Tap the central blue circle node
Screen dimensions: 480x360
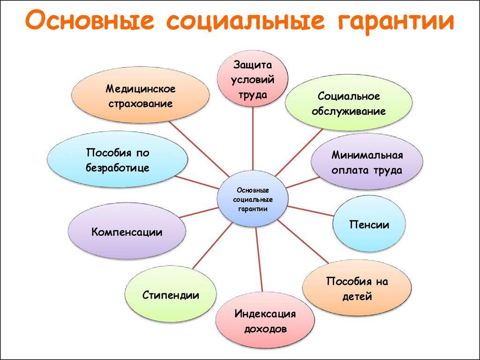[x=253, y=199]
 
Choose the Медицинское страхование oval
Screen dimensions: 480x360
[x=141, y=95]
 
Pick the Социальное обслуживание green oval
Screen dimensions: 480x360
[x=349, y=103]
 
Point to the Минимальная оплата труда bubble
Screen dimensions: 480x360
[x=367, y=162]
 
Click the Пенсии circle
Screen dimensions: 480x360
[x=369, y=224]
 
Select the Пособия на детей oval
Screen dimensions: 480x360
[x=357, y=288]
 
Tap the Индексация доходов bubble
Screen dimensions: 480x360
[x=265, y=321]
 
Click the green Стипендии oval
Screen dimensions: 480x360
[x=171, y=294]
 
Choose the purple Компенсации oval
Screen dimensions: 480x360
[x=127, y=231]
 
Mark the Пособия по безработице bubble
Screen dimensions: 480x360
[x=118, y=159]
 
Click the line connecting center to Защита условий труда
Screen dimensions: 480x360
[x=253, y=138]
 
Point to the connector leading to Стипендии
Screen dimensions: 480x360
[x=212, y=246]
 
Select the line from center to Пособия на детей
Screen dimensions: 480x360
[x=303, y=241]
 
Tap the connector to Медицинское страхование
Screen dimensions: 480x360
[x=199, y=150]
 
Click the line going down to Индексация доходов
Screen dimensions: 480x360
[x=259, y=259]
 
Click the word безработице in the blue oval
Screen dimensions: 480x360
[x=118, y=167]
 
